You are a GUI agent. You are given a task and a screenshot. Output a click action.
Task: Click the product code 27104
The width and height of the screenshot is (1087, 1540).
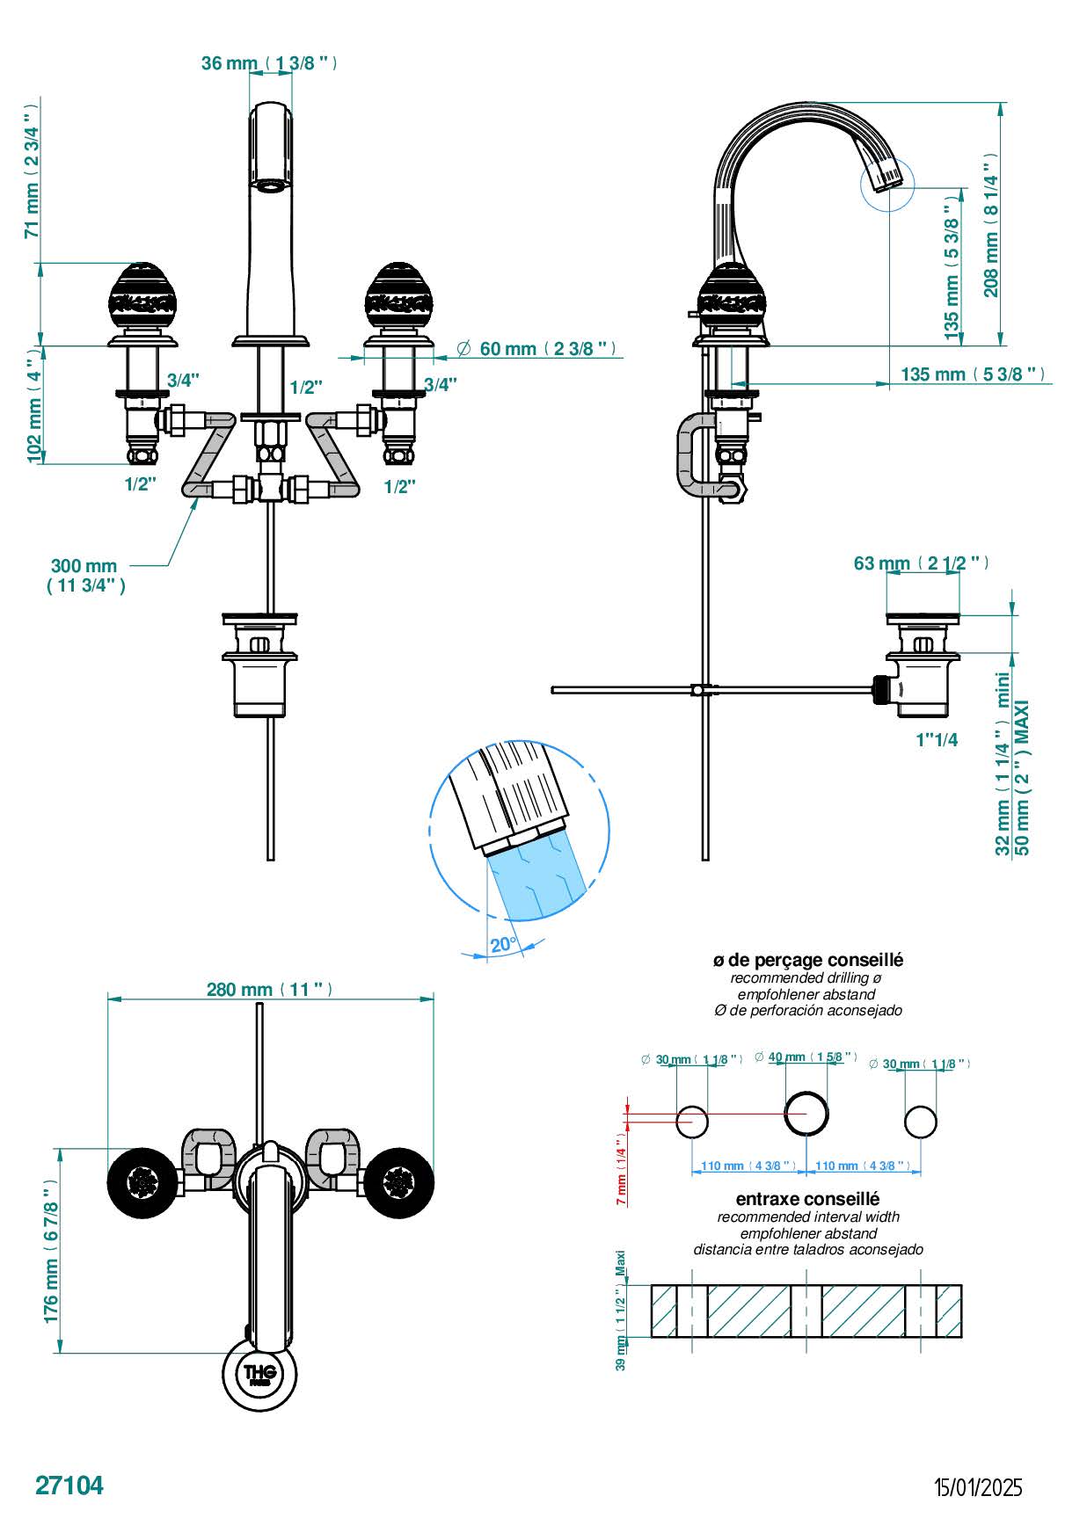click(69, 1486)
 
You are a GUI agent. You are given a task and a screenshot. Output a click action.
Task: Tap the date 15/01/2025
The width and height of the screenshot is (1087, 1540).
click(978, 1487)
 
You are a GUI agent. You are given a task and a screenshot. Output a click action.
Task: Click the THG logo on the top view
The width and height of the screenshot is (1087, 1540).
click(260, 1374)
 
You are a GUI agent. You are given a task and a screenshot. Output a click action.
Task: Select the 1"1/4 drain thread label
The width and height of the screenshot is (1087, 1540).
click(937, 740)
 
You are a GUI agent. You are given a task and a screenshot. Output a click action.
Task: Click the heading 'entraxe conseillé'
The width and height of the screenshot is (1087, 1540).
click(807, 1199)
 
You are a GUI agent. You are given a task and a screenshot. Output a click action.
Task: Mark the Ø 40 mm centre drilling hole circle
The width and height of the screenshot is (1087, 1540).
click(806, 1114)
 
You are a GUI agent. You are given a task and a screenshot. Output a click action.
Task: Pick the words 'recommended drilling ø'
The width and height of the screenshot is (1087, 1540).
click(806, 978)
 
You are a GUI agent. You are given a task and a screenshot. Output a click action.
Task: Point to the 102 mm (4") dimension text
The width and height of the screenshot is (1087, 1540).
click(34, 405)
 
